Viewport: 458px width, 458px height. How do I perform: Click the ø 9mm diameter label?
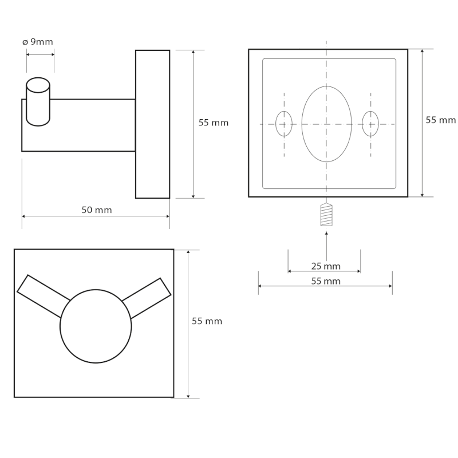[38, 42]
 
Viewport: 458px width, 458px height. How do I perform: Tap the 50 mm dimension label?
[97, 210]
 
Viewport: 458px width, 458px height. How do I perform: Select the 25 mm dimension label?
[326, 266]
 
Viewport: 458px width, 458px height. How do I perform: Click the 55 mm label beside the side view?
[214, 123]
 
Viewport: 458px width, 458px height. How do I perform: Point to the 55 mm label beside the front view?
[207, 321]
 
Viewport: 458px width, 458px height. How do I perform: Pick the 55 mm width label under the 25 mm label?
[326, 281]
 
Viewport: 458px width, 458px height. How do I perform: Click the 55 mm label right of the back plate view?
[440, 120]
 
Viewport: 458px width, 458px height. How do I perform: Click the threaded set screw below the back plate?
[326, 214]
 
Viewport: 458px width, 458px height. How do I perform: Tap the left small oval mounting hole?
[284, 124]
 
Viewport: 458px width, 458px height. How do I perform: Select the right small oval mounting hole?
[370, 124]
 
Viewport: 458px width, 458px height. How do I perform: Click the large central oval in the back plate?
[326, 124]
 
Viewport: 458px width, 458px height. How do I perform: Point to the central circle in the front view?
[96, 326]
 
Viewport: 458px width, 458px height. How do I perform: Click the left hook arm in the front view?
[44, 296]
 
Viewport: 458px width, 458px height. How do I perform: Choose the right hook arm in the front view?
[146, 298]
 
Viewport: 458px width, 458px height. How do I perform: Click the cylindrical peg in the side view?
[38, 102]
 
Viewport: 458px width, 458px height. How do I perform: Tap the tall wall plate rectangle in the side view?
[152, 124]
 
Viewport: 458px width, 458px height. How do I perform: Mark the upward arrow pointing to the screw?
[326, 246]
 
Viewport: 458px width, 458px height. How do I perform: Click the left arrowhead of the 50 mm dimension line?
[24, 216]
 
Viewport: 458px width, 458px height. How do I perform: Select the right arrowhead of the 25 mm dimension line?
[358, 271]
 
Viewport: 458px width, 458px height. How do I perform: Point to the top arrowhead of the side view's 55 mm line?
[193, 52]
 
